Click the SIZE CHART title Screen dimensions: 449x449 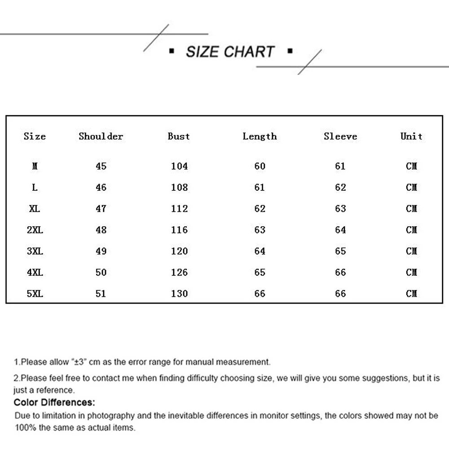(x=230, y=52)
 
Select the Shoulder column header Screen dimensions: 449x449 (x=101, y=136)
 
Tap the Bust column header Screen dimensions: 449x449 (x=179, y=136)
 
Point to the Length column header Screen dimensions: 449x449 (x=260, y=136)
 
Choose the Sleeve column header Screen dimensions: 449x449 (x=340, y=136)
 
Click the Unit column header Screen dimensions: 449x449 (x=411, y=136)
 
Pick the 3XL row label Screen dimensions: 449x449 (x=35, y=251)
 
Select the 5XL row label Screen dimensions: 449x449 (x=35, y=294)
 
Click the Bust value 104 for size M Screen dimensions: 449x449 (x=179, y=166)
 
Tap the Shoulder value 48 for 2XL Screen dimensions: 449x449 (x=101, y=230)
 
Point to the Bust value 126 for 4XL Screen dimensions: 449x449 (x=179, y=273)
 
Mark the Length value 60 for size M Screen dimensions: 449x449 (x=260, y=166)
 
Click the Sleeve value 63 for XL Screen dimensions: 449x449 (x=340, y=209)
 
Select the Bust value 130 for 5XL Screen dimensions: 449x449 (x=179, y=294)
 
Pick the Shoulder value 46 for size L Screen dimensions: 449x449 (x=101, y=188)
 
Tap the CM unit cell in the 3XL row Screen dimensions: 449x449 (x=411, y=251)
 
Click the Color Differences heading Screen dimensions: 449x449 (x=54, y=402)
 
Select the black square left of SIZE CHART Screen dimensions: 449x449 (x=171, y=52)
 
